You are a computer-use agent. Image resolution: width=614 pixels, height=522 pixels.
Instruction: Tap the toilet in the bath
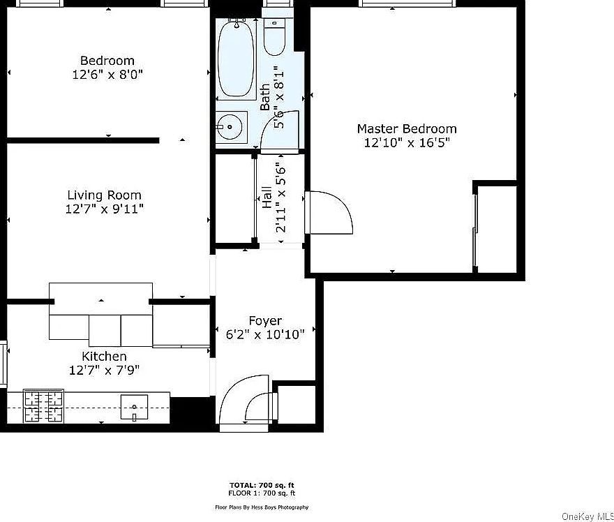pos(275,39)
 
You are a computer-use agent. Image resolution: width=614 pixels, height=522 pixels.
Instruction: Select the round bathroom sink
pos(229,128)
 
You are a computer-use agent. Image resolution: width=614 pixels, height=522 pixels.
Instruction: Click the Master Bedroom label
pos(407,129)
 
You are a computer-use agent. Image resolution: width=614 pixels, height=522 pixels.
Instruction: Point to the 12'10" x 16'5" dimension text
pos(407,143)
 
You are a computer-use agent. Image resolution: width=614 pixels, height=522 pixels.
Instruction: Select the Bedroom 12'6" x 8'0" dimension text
pos(107,74)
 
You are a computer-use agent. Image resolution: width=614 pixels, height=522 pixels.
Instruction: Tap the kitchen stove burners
pos(44,406)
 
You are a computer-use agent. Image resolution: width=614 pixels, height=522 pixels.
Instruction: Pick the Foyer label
pos(265,321)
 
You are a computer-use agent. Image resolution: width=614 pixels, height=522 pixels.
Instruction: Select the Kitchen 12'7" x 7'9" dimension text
pos(105,371)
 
